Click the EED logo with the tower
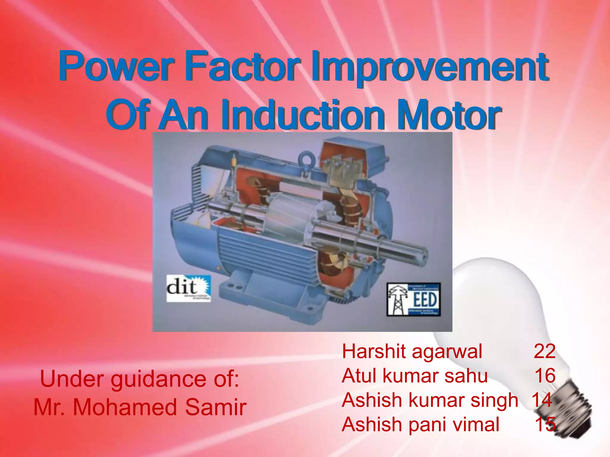[413, 299]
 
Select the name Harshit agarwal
[412, 351]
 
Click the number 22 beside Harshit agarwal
[544, 351]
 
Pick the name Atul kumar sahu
[415, 376]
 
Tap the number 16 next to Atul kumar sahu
[545, 376]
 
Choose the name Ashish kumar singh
[430, 400]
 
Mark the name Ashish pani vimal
[420, 425]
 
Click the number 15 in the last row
[545, 425]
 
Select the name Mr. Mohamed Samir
[140, 407]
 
